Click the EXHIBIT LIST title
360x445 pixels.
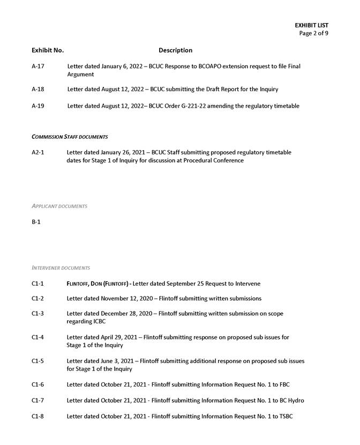coord(311,25)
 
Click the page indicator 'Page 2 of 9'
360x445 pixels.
coord(313,33)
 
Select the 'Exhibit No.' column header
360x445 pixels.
coord(48,50)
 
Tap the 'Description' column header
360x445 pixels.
coord(175,50)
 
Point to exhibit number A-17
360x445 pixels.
coord(38,66)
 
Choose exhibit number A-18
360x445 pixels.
coord(38,89)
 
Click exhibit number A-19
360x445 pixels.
coord(38,106)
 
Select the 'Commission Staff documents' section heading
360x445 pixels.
coord(70,137)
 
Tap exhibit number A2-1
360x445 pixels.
coord(38,152)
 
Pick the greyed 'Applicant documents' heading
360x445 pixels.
coord(59,206)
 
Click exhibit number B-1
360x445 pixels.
coord(36,221)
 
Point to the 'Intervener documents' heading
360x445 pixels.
coord(61,268)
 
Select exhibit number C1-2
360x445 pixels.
coord(38,299)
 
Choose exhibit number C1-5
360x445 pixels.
coord(38,361)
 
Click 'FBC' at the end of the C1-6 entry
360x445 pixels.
coord(284,385)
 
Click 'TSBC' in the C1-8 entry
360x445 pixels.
coord(286,417)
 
